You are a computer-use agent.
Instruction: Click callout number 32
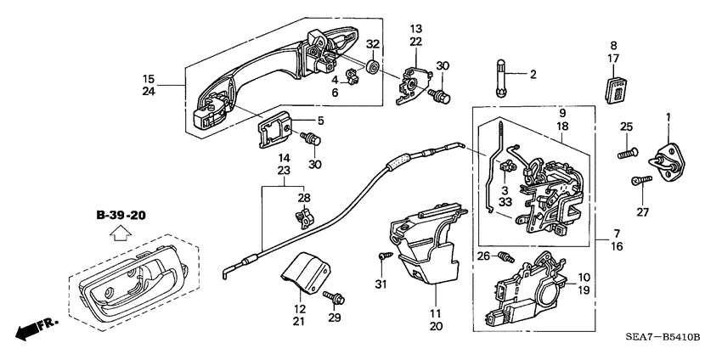pyautogui.click(x=373, y=45)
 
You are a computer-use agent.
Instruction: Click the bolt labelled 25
pyautogui.click(x=627, y=155)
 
